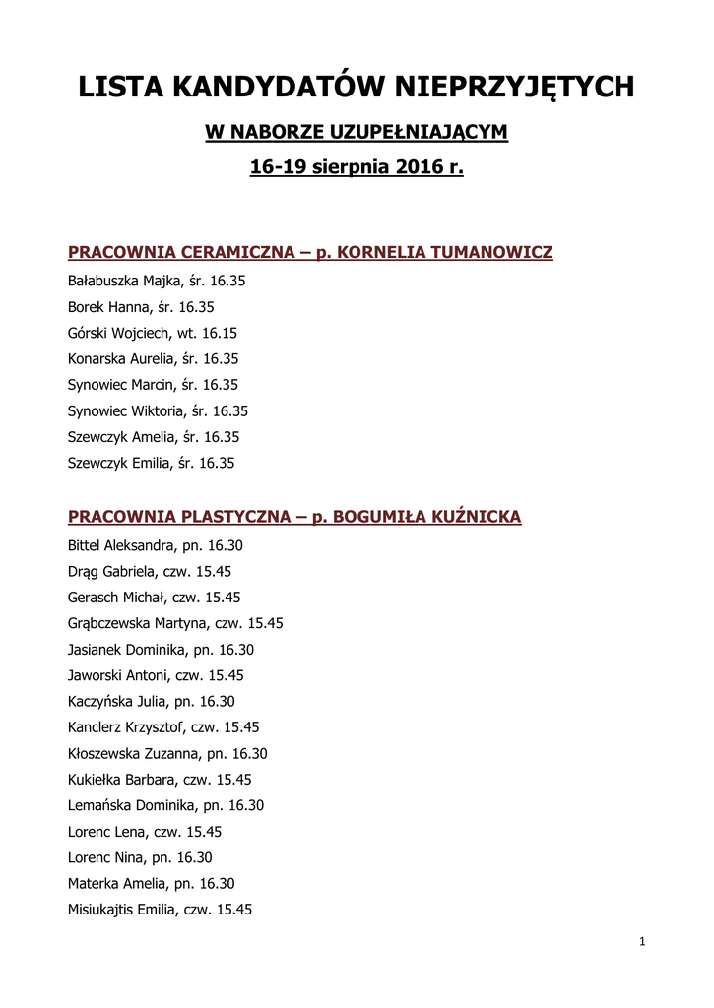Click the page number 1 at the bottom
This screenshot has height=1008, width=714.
(642, 942)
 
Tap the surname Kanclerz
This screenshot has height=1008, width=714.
(95, 727)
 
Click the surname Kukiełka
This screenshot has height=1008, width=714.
(96, 780)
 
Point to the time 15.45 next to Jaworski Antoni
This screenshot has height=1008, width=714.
(225, 675)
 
